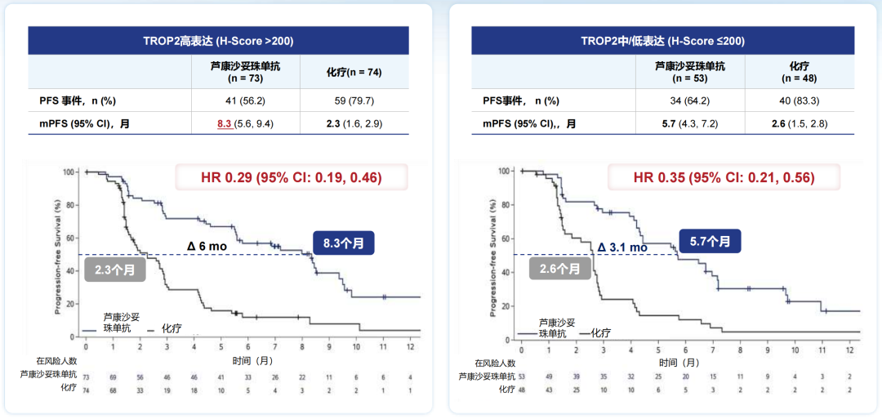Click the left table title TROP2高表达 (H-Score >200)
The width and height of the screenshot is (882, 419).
[218, 41]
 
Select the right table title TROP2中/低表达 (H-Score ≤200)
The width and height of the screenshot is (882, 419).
[662, 41]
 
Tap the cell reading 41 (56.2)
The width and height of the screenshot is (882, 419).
[245, 100]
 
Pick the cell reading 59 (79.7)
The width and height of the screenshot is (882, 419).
[354, 100]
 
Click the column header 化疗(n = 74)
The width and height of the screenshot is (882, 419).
[354, 72]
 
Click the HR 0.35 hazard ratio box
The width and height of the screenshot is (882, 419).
[724, 177]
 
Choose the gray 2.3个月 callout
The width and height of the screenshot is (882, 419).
[113, 270]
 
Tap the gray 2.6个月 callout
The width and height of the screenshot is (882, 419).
[560, 269]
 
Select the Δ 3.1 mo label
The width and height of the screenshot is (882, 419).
[621, 247]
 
